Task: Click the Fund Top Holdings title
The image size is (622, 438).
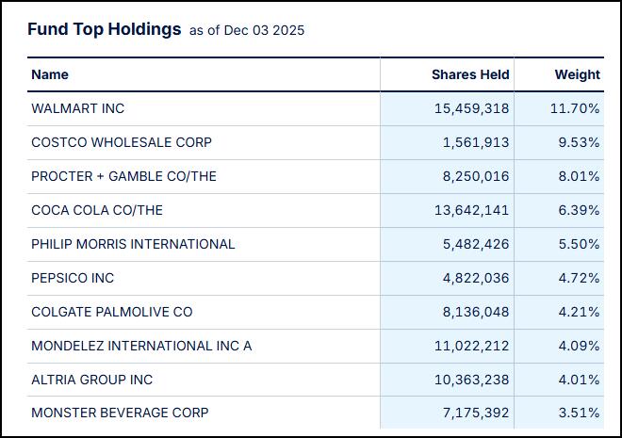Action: click(104, 29)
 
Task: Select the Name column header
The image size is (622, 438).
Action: click(50, 74)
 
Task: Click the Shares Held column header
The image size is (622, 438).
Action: click(470, 74)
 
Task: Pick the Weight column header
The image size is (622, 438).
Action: click(577, 74)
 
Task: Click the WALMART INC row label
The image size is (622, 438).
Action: click(77, 108)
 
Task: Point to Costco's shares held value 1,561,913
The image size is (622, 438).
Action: click(476, 142)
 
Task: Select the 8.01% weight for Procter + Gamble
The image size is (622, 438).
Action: click(579, 176)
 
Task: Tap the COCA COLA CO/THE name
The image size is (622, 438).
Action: click(97, 210)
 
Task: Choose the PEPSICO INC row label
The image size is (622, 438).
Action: click(73, 278)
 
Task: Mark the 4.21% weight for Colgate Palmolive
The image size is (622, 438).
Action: click(579, 312)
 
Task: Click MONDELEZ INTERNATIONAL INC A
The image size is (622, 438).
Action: click(141, 346)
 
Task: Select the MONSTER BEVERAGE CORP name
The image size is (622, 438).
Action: click(120, 413)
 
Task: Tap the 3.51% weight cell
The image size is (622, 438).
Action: click(579, 413)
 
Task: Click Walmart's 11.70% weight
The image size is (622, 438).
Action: click(575, 108)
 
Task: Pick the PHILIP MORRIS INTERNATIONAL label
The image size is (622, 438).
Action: click(133, 244)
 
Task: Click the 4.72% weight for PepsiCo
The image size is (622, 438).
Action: click(579, 278)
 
